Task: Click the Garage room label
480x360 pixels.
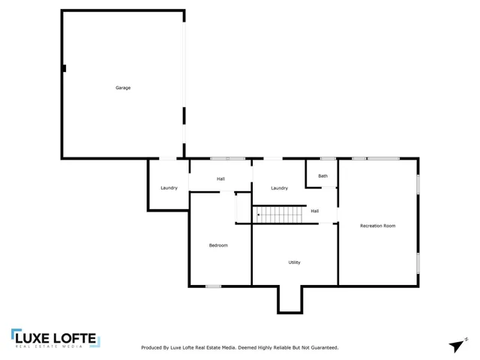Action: (x=123, y=88)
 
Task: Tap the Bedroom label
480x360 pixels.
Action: (x=218, y=245)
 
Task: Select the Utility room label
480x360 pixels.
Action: (x=295, y=262)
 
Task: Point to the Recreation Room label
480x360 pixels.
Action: (x=377, y=226)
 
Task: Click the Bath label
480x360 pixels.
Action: (x=322, y=176)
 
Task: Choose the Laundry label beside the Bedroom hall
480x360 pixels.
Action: (x=169, y=187)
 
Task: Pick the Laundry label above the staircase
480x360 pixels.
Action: (x=280, y=187)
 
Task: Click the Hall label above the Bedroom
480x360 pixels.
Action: (x=220, y=178)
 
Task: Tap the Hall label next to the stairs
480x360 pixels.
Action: (x=315, y=211)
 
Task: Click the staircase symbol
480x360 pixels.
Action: (x=282, y=214)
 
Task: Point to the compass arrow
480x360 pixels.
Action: (x=456, y=344)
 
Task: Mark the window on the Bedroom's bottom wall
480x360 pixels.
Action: (x=213, y=286)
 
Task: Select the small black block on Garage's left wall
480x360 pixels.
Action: (x=64, y=68)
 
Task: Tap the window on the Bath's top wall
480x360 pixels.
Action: (x=327, y=158)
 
